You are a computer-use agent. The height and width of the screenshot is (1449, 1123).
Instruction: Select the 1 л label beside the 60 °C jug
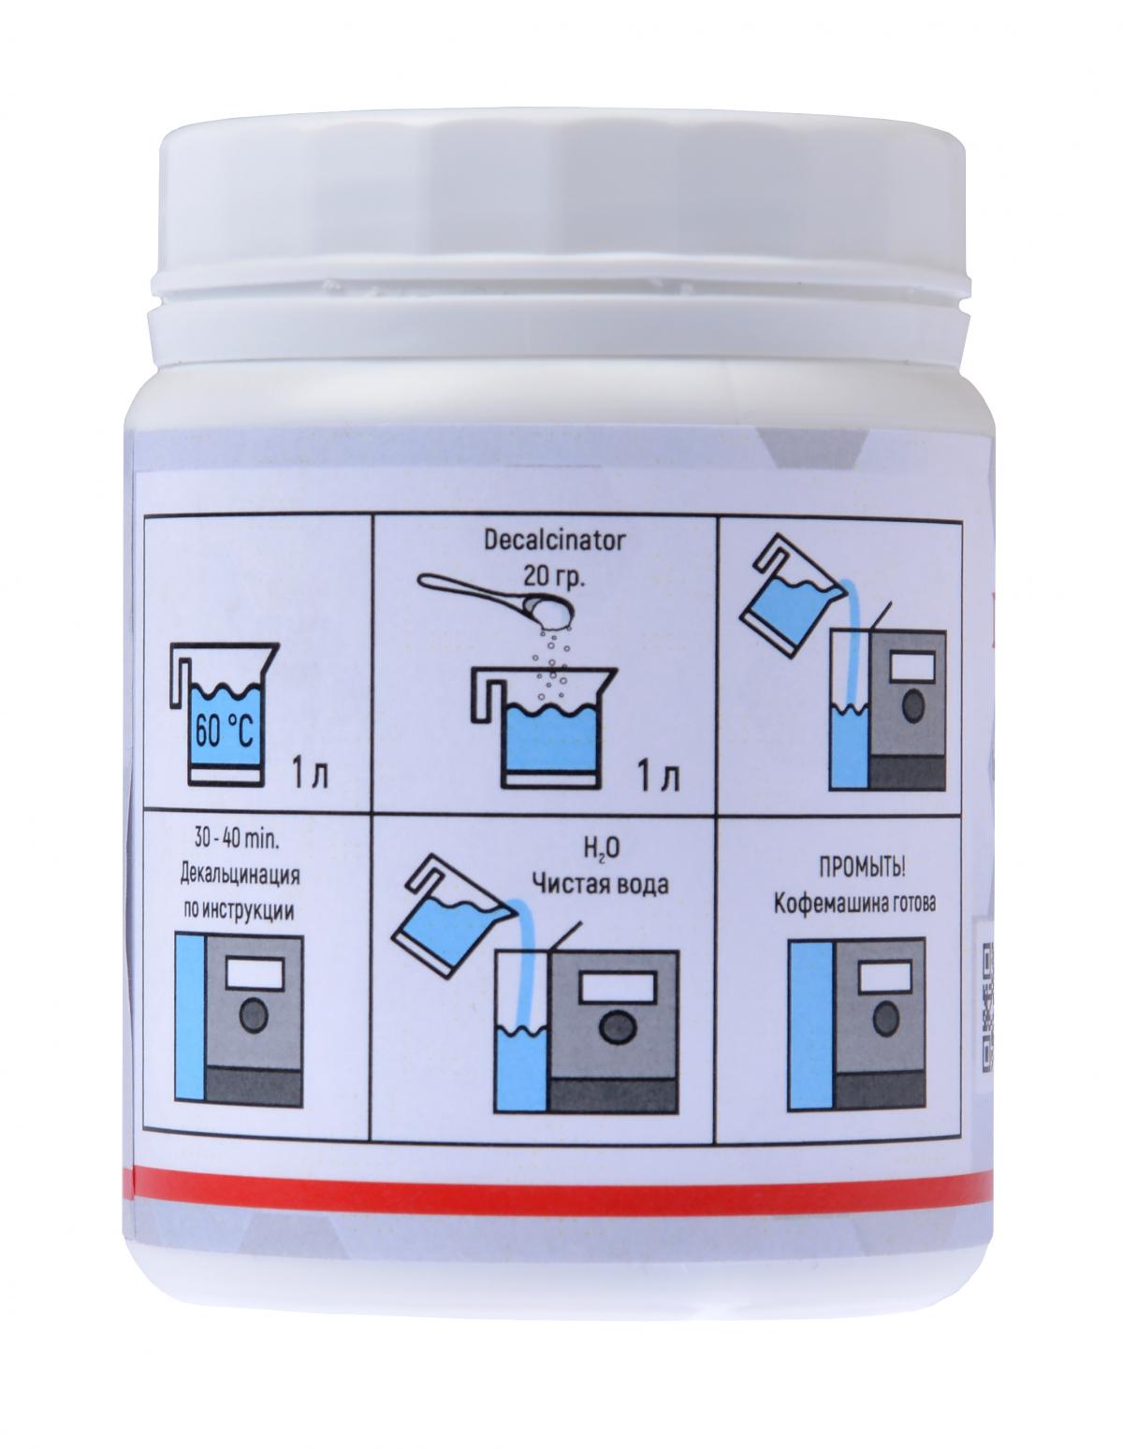tap(310, 776)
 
